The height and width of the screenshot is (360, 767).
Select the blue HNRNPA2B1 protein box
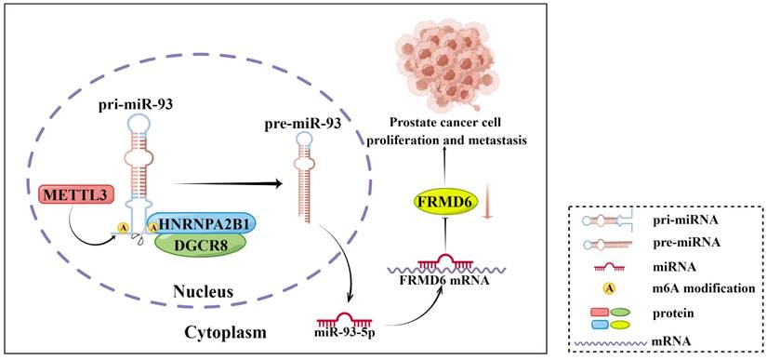pyautogui.click(x=201, y=222)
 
